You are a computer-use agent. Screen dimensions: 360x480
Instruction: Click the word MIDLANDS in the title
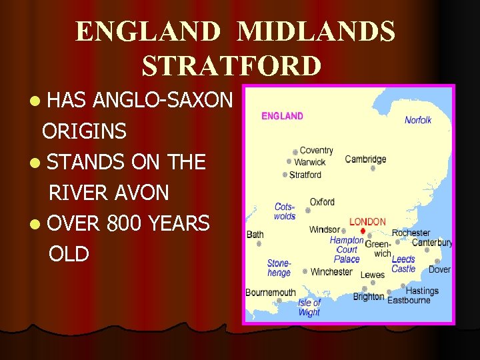click(x=316, y=32)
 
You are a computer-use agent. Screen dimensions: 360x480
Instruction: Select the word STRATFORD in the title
click(x=231, y=66)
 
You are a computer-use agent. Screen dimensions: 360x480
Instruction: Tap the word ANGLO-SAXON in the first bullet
click(x=163, y=101)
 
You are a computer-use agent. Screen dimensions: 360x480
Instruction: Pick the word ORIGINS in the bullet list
click(x=84, y=131)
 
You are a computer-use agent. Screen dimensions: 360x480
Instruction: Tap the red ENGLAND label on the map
click(x=282, y=116)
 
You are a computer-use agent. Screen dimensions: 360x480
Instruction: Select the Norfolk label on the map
click(x=418, y=120)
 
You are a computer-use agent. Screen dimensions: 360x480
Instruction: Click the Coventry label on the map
click(x=316, y=151)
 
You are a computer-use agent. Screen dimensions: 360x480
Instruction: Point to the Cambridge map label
click(x=365, y=159)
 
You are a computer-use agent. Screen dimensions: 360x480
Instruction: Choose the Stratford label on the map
click(x=305, y=175)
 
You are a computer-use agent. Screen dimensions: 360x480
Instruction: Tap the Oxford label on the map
click(x=322, y=202)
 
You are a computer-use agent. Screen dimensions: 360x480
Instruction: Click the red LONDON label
click(x=367, y=221)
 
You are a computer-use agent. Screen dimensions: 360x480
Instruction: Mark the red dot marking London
click(x=363, y=231)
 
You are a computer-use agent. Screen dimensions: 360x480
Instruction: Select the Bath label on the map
click(x=255, y=234)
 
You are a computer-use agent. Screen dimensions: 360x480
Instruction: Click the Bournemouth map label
click(x=270, y=293)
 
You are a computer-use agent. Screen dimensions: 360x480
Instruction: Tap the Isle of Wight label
click(x=309, y=307)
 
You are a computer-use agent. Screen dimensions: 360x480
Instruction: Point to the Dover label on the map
click(x=439, y=269)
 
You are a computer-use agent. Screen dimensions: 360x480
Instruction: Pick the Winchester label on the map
click(x=331, y=271)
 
